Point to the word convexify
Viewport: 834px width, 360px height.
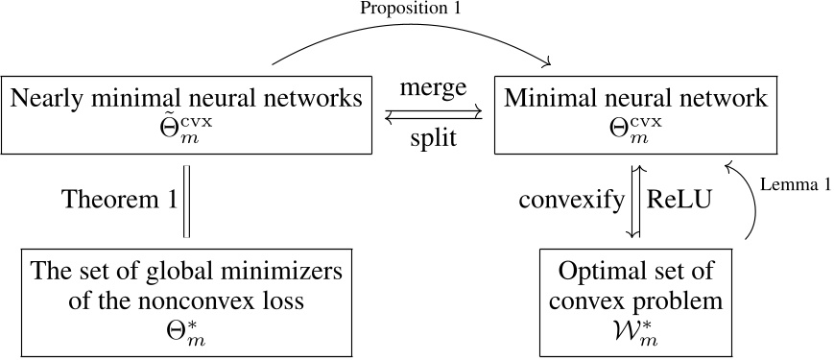tap(569, 201)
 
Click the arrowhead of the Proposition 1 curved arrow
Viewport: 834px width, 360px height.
tap(548, 63)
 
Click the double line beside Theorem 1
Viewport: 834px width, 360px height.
tap(188, 201)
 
